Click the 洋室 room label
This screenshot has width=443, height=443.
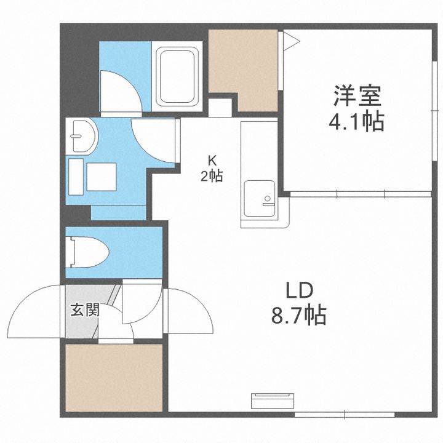click(357, 95)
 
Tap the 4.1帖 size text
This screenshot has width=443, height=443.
click(356, 122)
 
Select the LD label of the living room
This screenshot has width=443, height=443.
click(300, 290)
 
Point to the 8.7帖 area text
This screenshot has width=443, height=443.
click(299, 315)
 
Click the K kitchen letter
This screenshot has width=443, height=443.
click(212, 161)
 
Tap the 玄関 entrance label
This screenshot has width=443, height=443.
click(86, 310)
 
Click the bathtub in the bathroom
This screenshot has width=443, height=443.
click(177, 76)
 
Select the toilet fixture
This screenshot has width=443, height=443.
click(87, 252)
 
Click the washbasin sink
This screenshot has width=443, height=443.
click(82, 136)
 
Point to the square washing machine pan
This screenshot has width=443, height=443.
click(102, 177)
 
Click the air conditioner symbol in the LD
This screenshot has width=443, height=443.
click(273, 401)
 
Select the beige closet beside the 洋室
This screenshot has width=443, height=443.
click(243, 70)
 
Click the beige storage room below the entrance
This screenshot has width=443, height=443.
click(114, 378)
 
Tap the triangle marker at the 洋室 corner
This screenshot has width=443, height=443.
click(291, 41)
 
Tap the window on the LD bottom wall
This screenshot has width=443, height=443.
click(345, 415)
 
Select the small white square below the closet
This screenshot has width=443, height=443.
click(220, 108)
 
